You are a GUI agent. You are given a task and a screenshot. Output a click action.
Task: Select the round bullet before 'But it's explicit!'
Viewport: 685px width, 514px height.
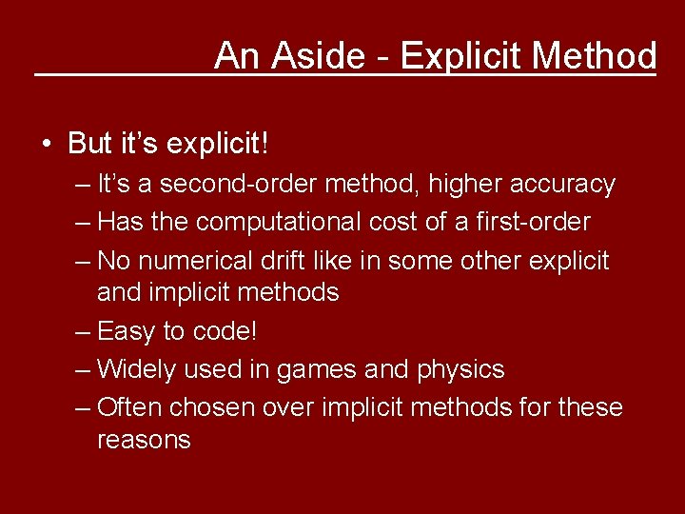pos(47,145)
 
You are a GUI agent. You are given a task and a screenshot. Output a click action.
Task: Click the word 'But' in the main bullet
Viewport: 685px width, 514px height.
pos(90,144)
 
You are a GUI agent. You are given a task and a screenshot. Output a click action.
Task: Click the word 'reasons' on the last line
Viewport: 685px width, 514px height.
pos(144,440)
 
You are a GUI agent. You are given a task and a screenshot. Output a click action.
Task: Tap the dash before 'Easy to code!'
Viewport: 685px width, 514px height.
pos(83,331)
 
